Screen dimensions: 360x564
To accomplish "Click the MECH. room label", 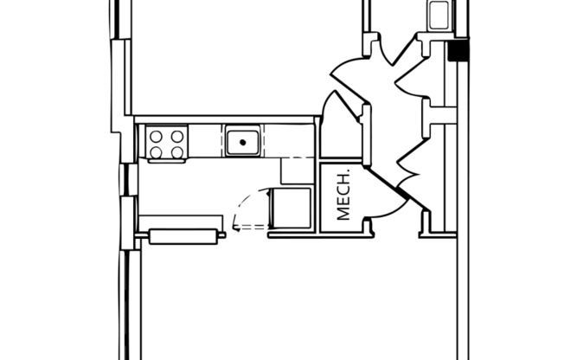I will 343,197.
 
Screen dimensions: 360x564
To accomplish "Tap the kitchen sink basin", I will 244,141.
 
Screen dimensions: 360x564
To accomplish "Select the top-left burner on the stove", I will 157,135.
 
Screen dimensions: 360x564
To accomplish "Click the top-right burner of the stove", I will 176,135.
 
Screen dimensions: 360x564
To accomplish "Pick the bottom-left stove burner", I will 157,151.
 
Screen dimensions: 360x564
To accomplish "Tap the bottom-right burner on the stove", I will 176,151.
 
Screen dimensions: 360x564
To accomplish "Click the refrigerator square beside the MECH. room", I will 291,209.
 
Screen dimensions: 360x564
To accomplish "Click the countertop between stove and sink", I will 206,141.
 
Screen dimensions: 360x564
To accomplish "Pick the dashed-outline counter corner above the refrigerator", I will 297,170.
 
